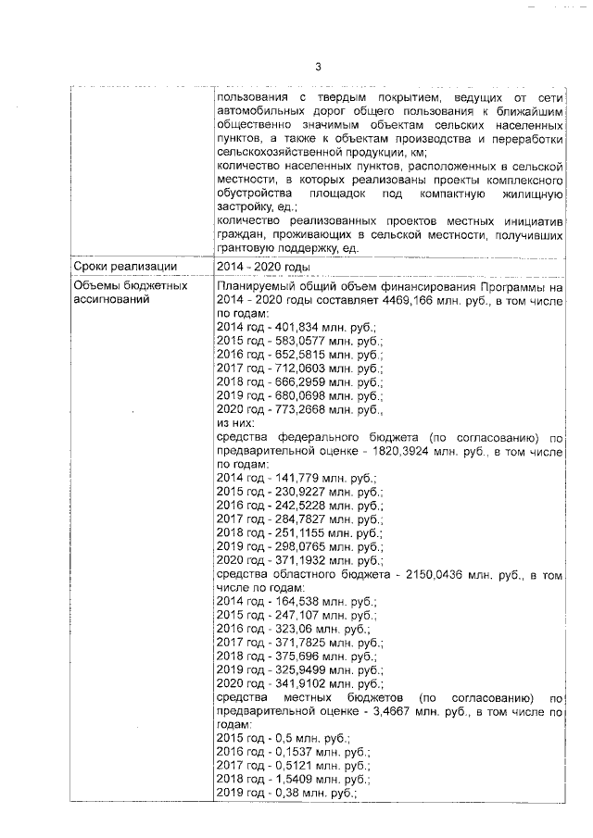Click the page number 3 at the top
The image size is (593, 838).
click(x=318, y=66)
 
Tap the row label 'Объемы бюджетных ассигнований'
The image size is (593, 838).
click(x=131, y=293)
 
